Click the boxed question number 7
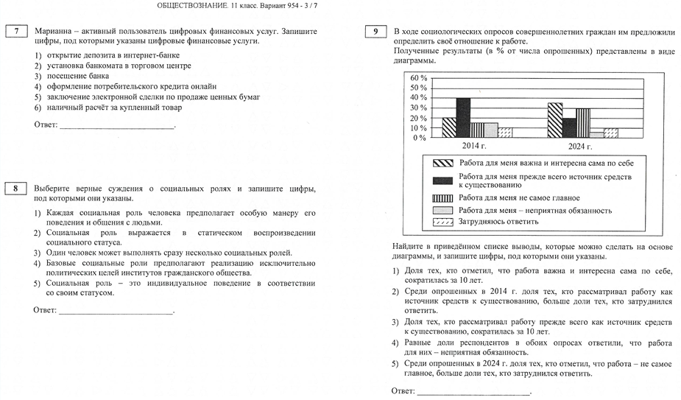(16, 32)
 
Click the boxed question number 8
(16, 189)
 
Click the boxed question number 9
(376, 32)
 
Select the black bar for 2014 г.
(463, 118)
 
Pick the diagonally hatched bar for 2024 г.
(555, 120)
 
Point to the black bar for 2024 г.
(569, 127)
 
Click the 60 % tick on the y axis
(418, 78)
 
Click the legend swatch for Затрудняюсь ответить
(443, 222)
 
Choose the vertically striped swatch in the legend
(443, 197)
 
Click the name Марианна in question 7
(53, 32)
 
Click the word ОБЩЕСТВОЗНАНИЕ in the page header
(194, 7)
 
